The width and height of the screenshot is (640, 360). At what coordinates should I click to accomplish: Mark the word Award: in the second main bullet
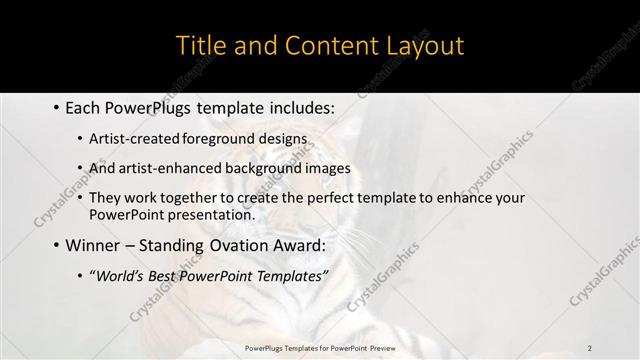(x=309, y=245)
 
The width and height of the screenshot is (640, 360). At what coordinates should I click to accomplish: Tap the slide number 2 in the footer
(x=590, y=347)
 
